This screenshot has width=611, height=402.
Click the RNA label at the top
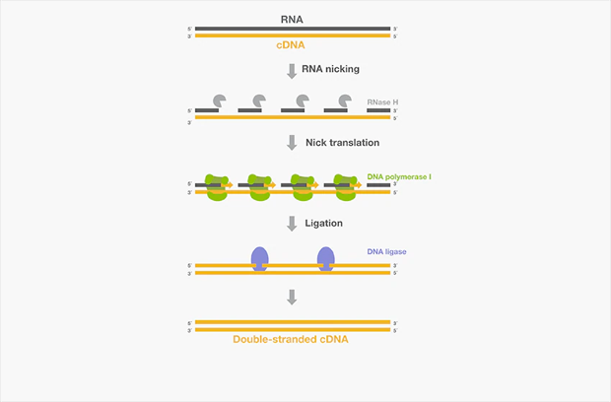[x=291, y=17]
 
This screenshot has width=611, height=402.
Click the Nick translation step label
[x=341, y=142]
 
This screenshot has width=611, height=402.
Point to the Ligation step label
[x=324, y=224]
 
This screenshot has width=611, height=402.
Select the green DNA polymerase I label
[x=399, y=175]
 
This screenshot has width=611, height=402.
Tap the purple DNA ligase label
[x=386, y=252]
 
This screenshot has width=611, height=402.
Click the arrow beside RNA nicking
[x=291, y=70]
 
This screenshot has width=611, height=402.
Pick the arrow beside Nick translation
[x=291, y=143]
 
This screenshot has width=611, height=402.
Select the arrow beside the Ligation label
[x=291, y=224]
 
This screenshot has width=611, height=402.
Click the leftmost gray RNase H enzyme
[x=217, y=100]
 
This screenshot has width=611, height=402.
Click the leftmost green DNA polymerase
[x=217, y=186]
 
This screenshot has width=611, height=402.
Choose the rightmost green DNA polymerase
[x=345, y=186]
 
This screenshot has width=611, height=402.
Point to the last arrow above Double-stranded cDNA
[x=291, y=297]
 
